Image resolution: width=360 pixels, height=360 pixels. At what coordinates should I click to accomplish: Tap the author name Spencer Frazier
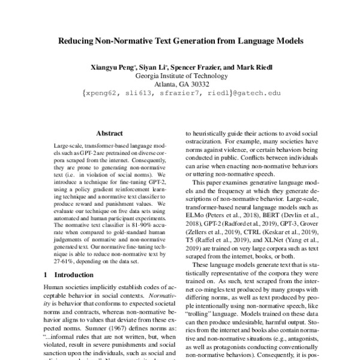click(x=197, y=67)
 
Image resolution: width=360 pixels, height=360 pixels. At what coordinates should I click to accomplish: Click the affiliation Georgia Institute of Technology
click(x=180, y=76)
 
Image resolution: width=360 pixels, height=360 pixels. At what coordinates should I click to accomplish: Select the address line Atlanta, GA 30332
click(x=180, y=84)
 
